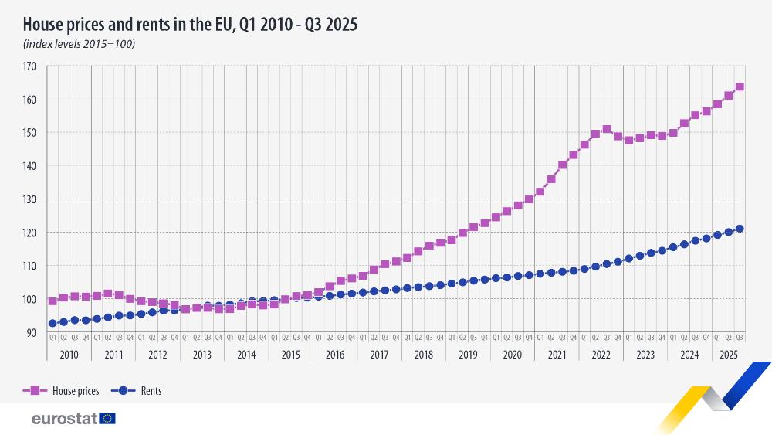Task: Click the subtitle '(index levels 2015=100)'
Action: pos(80,44)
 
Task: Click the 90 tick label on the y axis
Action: pos(31,332)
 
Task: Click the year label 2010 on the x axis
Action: pos(69,355)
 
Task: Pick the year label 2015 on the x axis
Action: pos(290,355)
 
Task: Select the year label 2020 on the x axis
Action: pos(512,355)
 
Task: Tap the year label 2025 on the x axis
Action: pos(728,355)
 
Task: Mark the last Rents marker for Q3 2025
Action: pos(740,229)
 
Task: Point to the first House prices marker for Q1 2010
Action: pos(52,301)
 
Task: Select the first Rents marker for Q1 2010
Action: pos(52,324)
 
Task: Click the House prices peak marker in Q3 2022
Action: pos(607,130)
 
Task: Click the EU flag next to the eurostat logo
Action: pos(107,419)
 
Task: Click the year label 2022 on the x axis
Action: pos(601,355)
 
